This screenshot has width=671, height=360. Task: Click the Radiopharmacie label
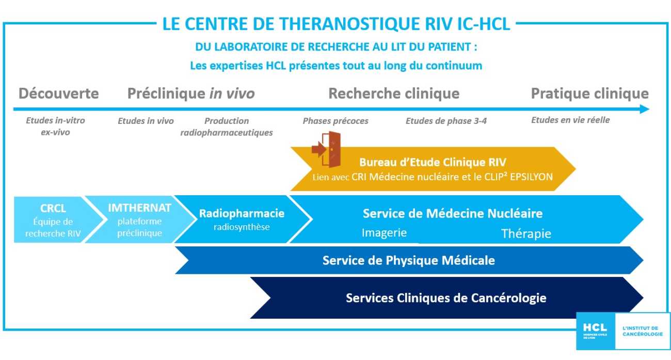[242, 213]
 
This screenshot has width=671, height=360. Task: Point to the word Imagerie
[384, 232]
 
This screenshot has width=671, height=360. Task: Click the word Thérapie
[526, 234]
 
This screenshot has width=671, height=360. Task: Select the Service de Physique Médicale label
[408, 260]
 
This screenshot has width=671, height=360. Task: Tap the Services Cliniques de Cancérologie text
[446, 298]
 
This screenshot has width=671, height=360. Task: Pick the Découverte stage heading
[58, 93]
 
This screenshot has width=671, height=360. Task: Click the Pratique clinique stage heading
[589, 93]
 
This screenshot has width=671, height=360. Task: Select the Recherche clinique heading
[394, 93]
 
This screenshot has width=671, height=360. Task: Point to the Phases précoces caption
[335, 121]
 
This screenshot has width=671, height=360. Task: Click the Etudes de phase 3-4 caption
[446, 121]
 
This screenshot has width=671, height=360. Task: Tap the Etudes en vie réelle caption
[570, 120]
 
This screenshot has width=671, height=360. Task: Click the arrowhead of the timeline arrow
[644, 109]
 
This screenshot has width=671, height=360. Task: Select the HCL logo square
[596, 331]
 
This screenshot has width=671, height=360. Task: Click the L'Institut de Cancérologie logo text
[641, 331]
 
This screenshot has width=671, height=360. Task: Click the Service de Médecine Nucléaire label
[452, 213]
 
